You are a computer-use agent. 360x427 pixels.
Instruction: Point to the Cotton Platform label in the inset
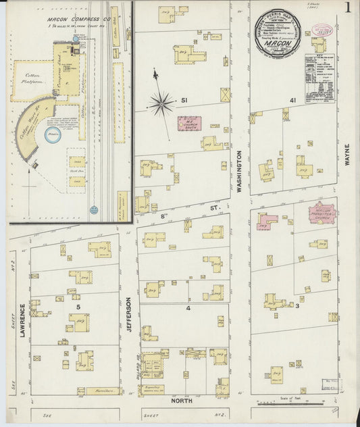30,81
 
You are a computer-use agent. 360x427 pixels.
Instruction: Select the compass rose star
161,103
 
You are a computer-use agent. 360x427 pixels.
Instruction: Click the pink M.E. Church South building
190,124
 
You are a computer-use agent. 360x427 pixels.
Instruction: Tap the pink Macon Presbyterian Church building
323,214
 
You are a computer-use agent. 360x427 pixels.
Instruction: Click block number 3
297,305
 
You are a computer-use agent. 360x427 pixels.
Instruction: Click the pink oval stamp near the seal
322,30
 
